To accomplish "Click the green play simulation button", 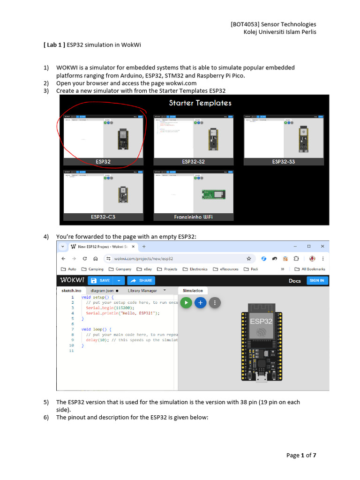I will (186, 303).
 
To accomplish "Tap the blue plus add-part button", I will (200, 303).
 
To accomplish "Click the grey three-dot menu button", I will (214, 303).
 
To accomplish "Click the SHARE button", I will (141, 280).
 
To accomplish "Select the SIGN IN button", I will (317, 280).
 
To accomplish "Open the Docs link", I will (295, 280).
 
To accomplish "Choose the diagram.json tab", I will (104, 291).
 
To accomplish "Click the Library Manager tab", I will (142, 291).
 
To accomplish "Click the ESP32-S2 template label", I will (193, 162).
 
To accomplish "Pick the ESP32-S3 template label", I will (284, 162).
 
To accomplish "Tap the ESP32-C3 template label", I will (103, 217).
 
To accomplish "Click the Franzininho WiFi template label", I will (193, 217).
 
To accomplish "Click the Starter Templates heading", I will (200, 103).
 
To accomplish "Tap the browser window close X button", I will (322, 246).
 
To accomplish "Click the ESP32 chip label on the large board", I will (261, 322).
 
